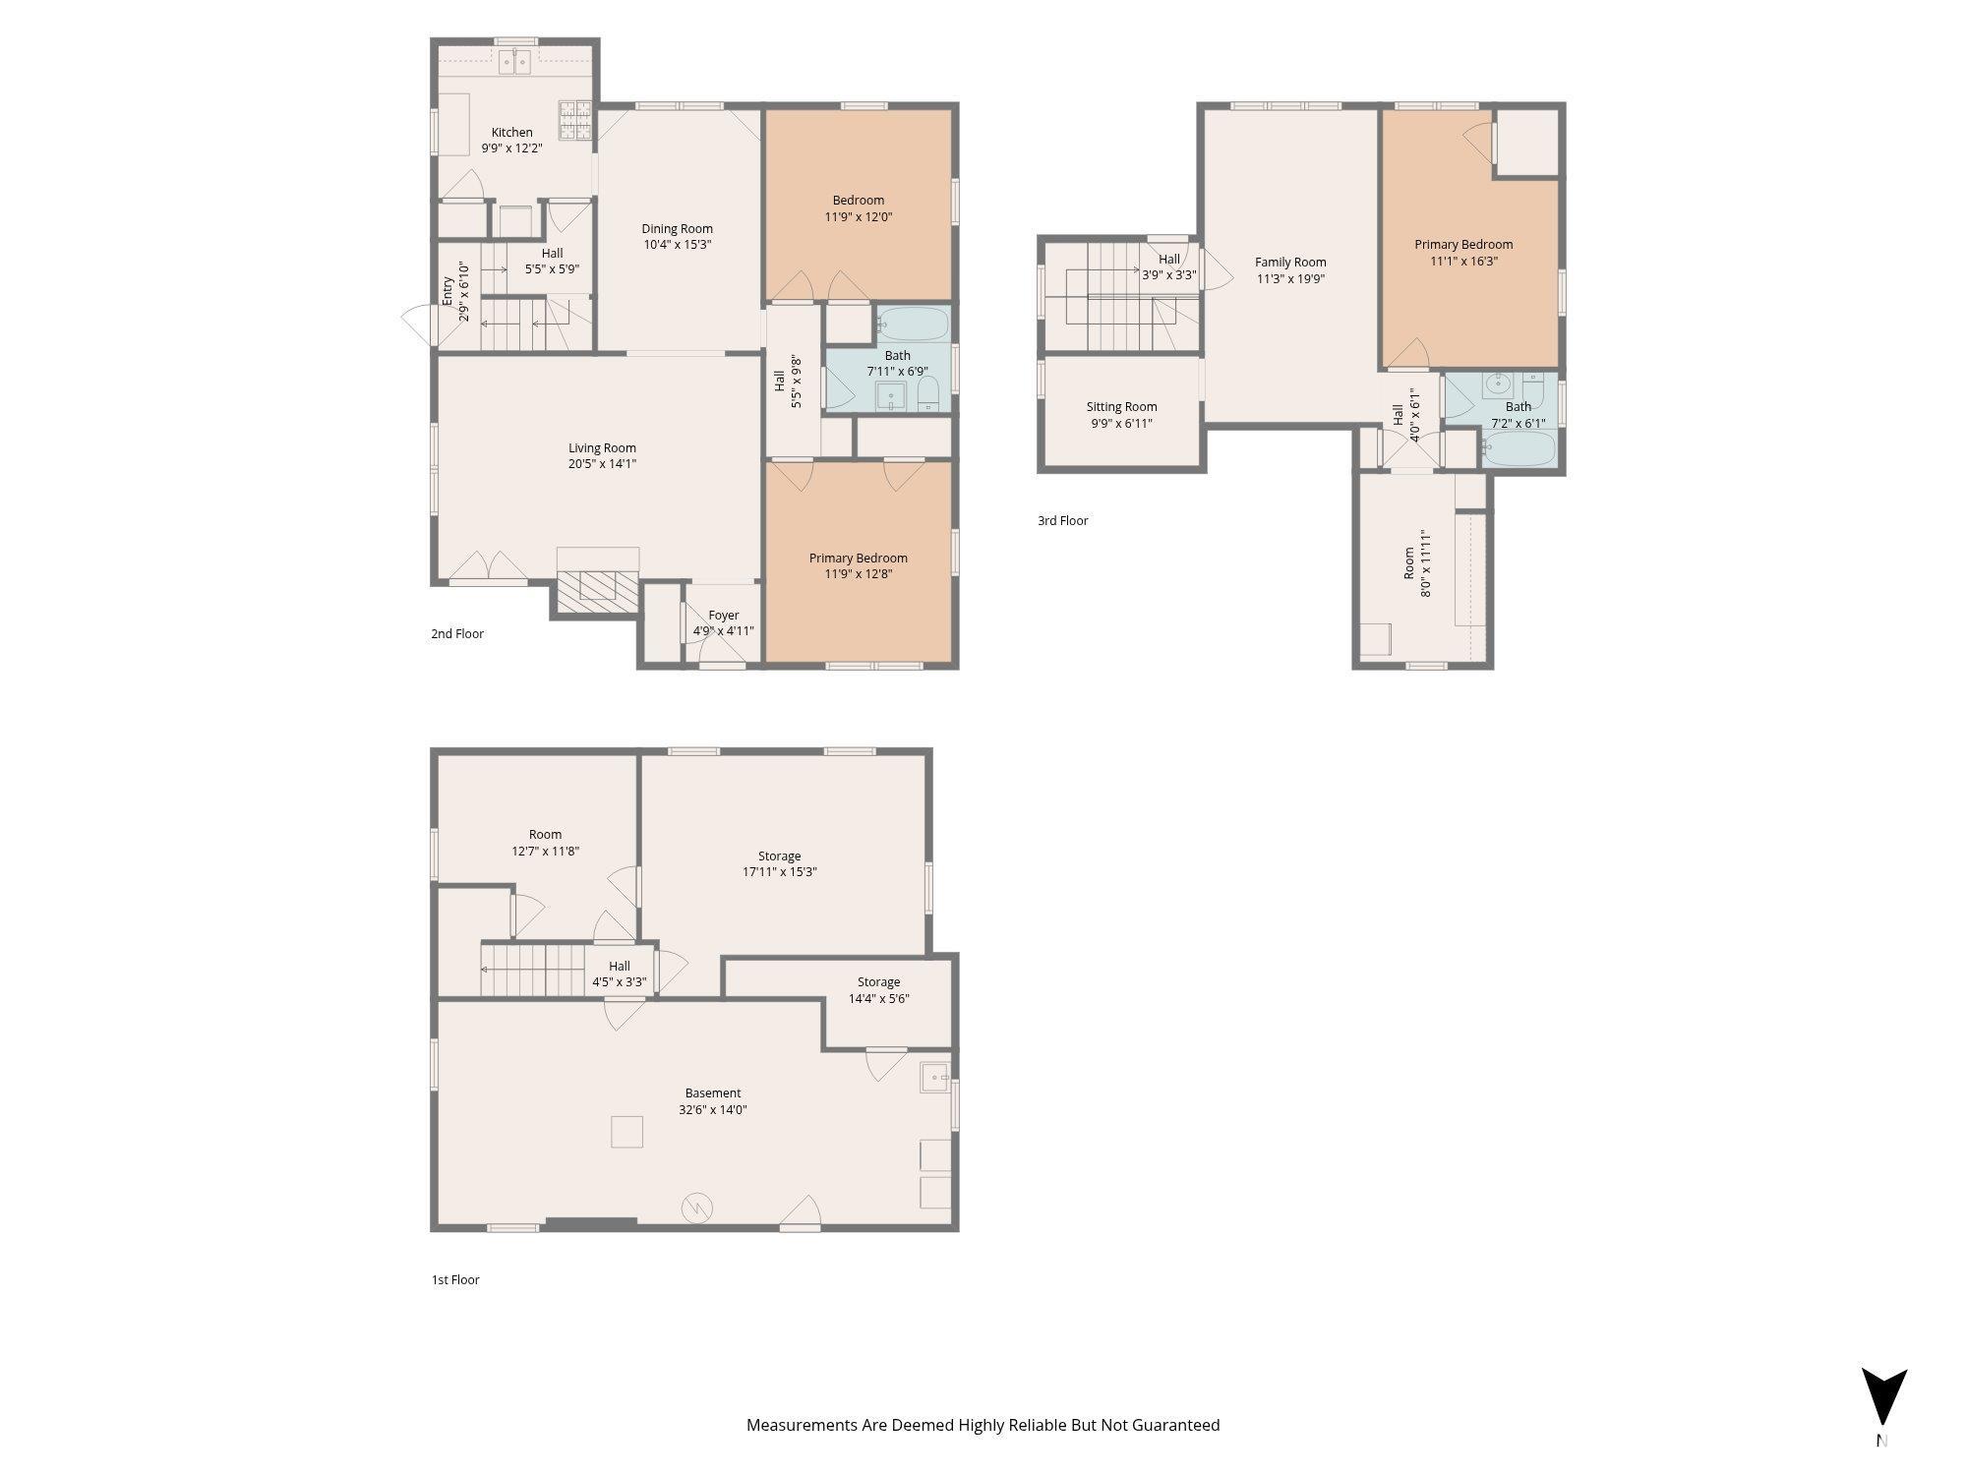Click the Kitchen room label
tap(511, 132)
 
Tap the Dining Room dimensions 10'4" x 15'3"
tap(677, 245)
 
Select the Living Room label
tap(602, 447)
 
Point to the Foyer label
tap(724, 616)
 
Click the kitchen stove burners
tap(576, 121)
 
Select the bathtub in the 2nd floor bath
tap(913, 323)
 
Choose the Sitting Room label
tap(1121, 407)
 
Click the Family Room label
tap(1290, 263)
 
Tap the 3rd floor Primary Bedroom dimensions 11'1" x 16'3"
tap(1463, 262)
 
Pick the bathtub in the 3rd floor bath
tap(1519, 449)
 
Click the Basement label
tap(713, 1093)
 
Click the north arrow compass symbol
tap(1883, 1397)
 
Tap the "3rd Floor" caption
tap(1063, 521)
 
